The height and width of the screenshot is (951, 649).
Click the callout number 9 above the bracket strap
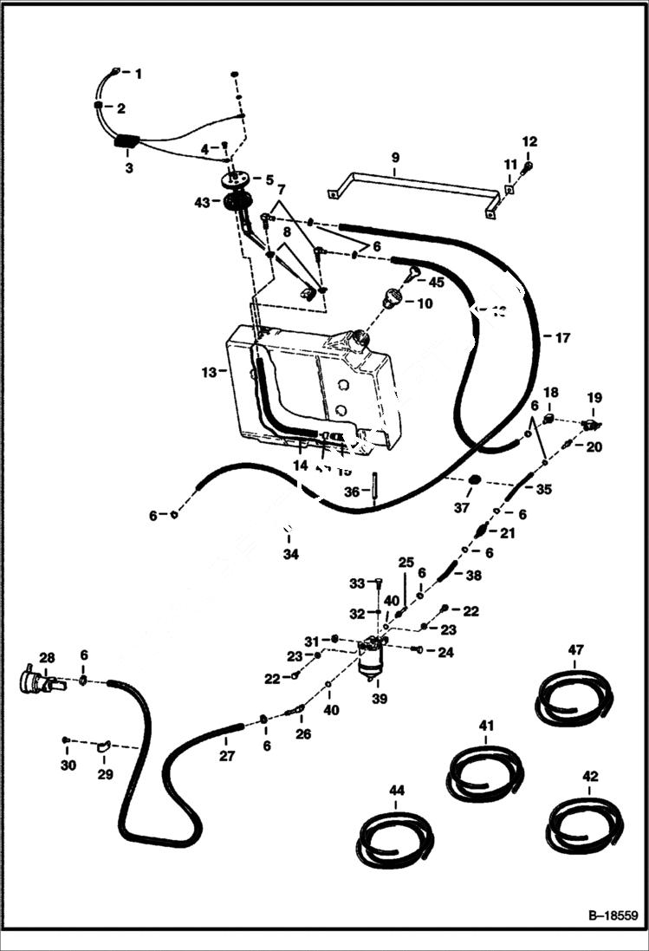coord(395,158)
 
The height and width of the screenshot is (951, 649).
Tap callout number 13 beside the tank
coord(209,372)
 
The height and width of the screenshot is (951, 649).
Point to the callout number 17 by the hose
coord(561,338)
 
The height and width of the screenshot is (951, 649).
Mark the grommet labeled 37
coord(475,481)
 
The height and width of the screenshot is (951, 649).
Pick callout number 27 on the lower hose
coord(226,755)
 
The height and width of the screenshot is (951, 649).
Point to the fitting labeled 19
coord(592,424)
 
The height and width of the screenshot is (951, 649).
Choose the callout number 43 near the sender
coord(202,202)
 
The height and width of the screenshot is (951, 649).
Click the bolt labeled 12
coord(529,165)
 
